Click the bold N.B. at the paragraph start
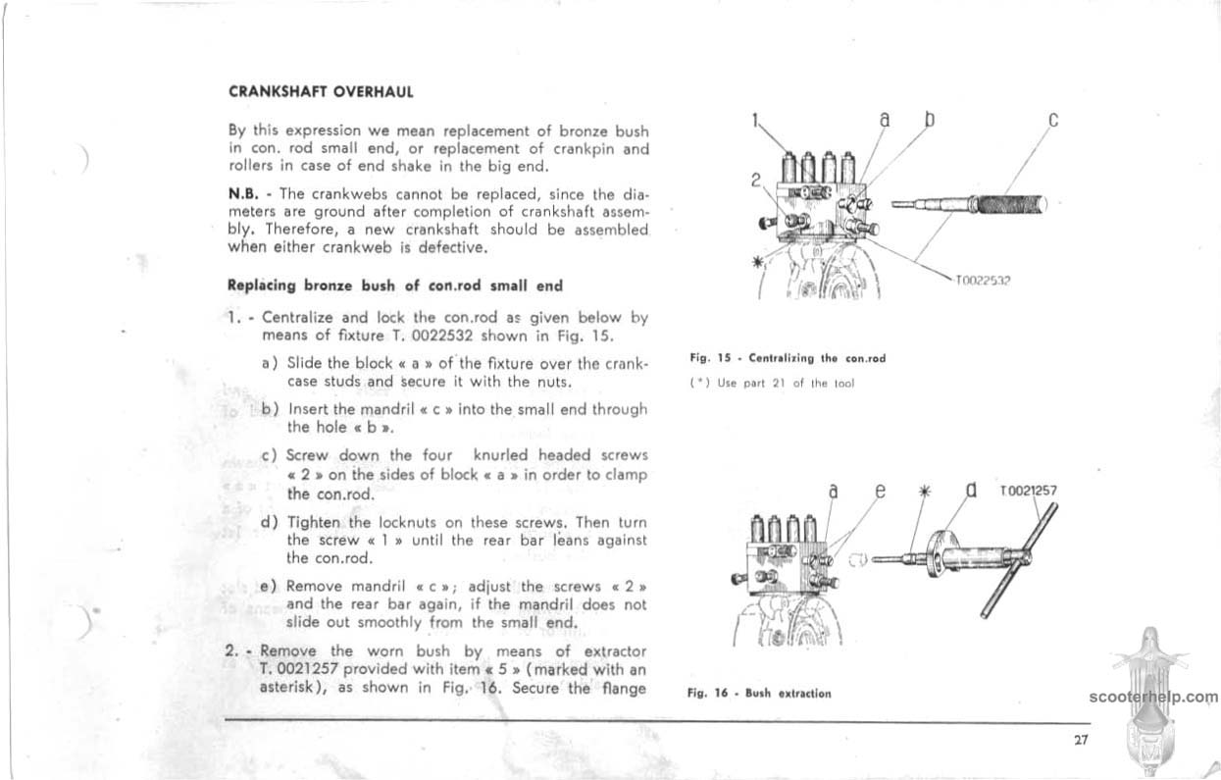pyautogui.click(x=241, y=193)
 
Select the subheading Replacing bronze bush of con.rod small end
pyautogui.click(x=395, y=286)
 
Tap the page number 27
pyautogui.click(x=1081, y=741)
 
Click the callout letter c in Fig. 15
pyautogui.click(x=1052, y=122)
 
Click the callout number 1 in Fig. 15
pyautogui.click(x=756, y=122)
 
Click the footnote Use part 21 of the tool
pyautogui.click(x=774, y=382)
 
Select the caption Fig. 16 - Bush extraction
pyautogui.click(x=759, y=693)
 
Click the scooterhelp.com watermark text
pyautogui.click(x=1152, y=698)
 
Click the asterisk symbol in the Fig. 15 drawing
pyautogui.click(x=756, y=262)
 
